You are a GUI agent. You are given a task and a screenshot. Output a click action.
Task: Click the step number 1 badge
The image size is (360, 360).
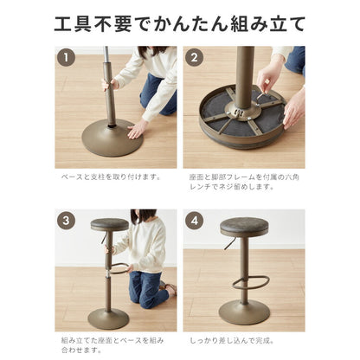[x=67, y=58]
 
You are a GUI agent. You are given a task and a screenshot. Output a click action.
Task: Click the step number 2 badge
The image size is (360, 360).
[x=195, y=58]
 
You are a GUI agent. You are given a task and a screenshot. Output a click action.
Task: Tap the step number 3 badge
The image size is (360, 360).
[x=67, y=220]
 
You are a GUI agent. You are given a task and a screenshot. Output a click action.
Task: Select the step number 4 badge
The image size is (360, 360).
[x=195, y=220]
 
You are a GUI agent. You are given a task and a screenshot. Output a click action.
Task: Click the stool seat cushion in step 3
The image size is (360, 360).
[x=109, y=225]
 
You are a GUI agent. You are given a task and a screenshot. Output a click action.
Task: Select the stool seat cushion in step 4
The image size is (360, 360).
[x=243, y=227]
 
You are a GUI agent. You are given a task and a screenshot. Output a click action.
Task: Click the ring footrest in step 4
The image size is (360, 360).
[x=255, y=281]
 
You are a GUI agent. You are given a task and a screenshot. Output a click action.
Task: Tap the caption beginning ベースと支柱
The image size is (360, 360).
[x=111, y=176]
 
